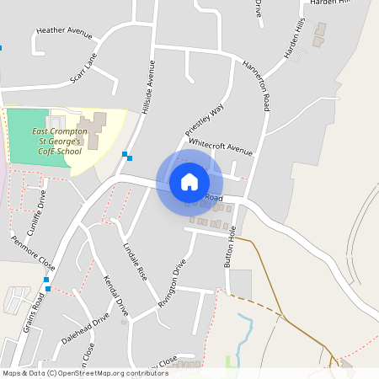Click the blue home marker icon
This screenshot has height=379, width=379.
click(x=189, y=182)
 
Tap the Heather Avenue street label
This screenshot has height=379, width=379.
click(x=64, y=33)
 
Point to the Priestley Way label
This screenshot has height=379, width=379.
click(x=205, y=120)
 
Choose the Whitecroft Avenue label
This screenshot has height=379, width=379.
click(x=221, y=148)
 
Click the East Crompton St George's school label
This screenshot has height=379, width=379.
click(x=56, y=137)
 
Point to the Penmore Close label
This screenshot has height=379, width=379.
click(x=32, y=251)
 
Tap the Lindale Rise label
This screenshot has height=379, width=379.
click(x=135, y=261)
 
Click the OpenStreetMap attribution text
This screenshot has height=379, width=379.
click(x=85, y=372)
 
